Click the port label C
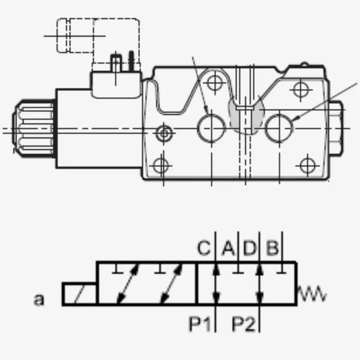click(x=204, y=248)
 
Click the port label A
click(x=229, y=248)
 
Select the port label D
click(x=249, y=248)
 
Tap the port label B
click(x=273, y=248)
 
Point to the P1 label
click(x=199, y=324)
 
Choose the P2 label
click(x=243, y=324)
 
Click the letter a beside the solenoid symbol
click(x=39, y=299)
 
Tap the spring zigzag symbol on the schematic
click(x=312, y=294)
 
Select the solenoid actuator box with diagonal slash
click(x=80, y=294)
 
